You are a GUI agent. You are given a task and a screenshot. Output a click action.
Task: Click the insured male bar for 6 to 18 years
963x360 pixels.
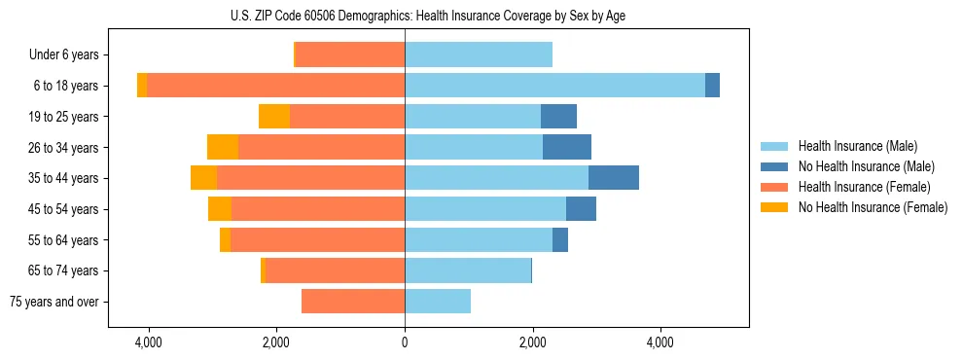tap(554, 86)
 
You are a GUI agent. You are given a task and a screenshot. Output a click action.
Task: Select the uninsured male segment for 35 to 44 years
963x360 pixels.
tap(614, 178)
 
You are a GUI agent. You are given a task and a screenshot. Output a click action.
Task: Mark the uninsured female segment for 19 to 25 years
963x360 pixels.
tap(274, 117)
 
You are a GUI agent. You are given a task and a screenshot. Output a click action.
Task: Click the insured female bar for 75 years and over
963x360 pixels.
tap(353, 302)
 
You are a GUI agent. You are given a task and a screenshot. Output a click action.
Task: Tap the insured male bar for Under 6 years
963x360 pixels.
tap(479, 54)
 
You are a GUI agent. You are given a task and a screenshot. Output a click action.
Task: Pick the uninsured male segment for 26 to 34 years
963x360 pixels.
tap(567, 147)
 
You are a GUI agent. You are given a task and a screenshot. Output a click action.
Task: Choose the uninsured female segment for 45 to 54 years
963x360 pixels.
tap(220, 209)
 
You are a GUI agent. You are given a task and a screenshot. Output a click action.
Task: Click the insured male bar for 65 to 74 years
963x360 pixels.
tap(468, 270)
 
